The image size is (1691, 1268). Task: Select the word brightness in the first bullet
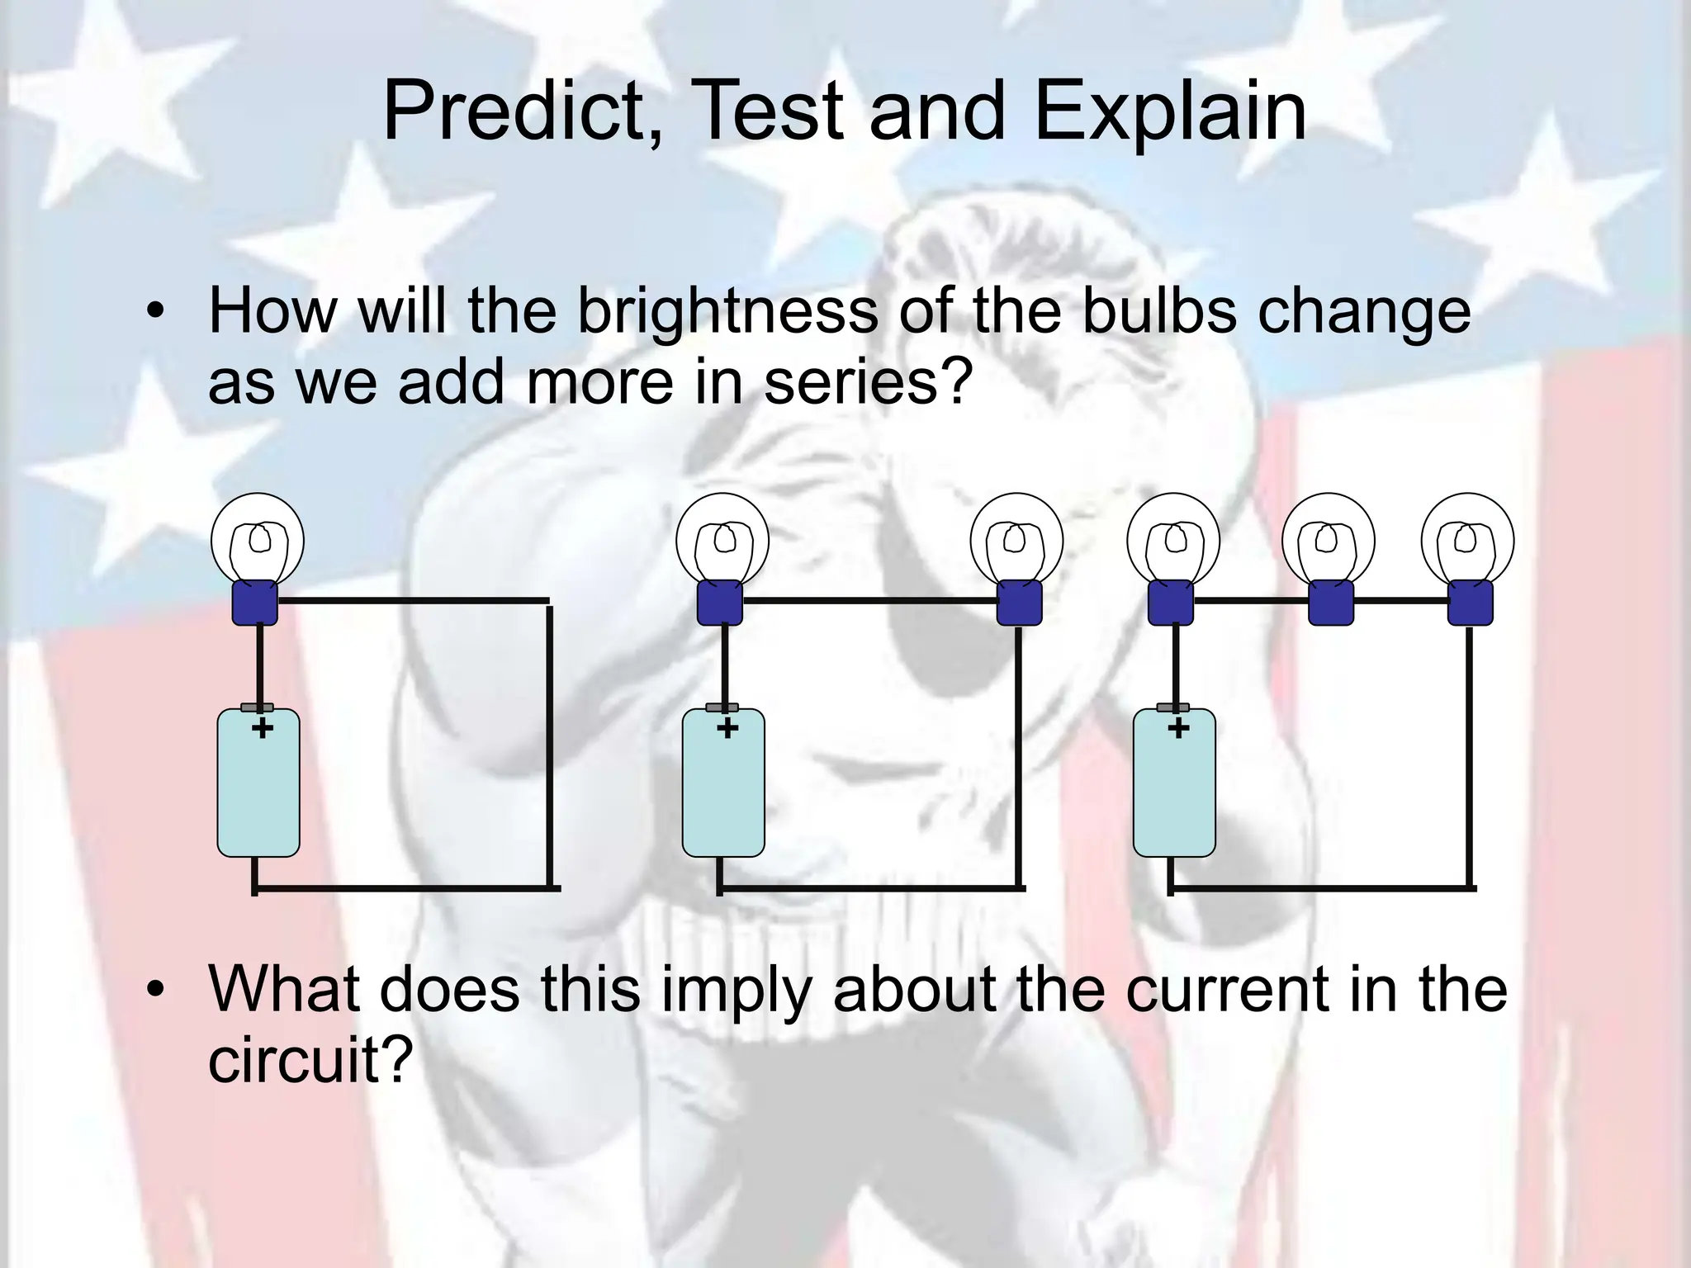[727, 311]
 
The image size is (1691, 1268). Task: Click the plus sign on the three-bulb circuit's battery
[1179, 728]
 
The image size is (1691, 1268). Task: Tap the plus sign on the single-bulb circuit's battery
[263, 728]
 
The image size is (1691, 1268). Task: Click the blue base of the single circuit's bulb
[254, 602]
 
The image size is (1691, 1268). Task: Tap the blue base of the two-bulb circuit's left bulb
[720, 602]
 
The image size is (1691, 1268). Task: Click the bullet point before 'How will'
[153, 313]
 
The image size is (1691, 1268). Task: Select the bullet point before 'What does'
[153, 990]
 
